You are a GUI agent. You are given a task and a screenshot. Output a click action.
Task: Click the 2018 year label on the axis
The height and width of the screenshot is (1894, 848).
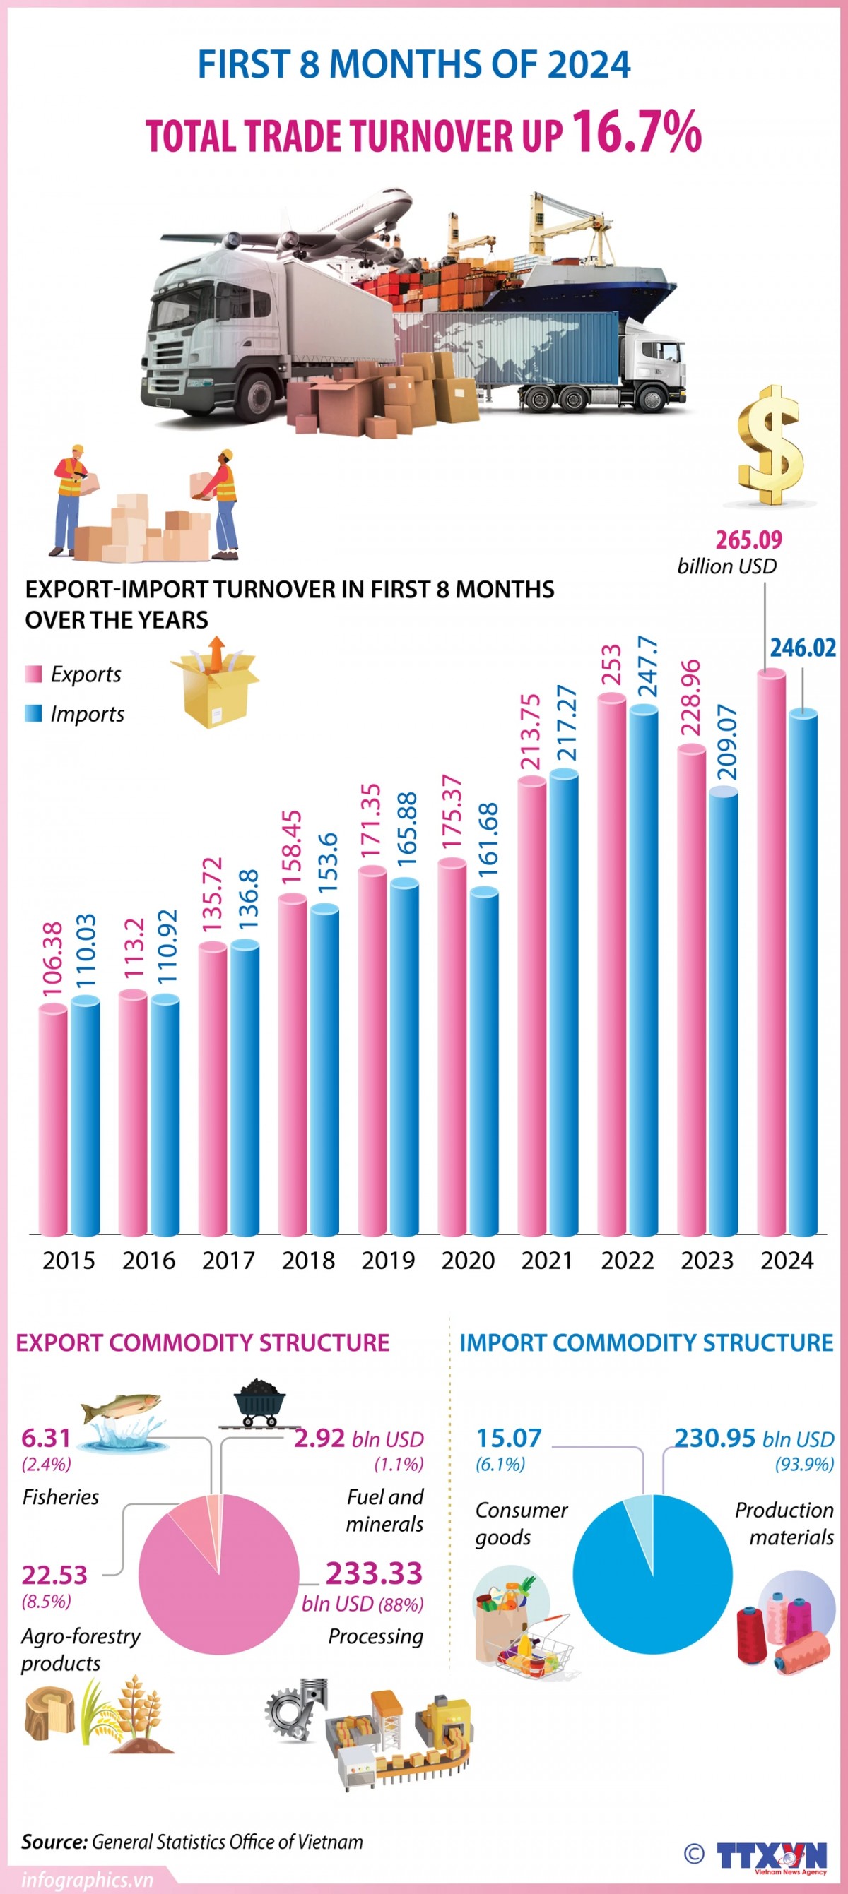[308, 1261]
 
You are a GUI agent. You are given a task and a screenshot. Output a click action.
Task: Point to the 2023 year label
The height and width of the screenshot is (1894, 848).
[707, 1261]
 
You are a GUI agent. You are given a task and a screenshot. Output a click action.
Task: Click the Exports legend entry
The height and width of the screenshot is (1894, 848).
[73, 674]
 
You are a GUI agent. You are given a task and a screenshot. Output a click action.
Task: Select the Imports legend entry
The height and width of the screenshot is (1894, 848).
[75, 714]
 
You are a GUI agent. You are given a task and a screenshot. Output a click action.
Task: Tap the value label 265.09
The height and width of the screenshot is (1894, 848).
[748, 540]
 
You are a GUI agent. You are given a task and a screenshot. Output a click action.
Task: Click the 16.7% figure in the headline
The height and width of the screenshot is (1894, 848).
[636, 132]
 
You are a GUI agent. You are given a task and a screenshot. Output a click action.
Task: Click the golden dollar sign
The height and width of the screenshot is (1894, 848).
[770, 446]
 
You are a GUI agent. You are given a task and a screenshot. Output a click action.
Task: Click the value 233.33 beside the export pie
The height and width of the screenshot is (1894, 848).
[374, 1573]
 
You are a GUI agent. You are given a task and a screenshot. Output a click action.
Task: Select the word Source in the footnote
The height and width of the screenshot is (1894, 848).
[54, 1841]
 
